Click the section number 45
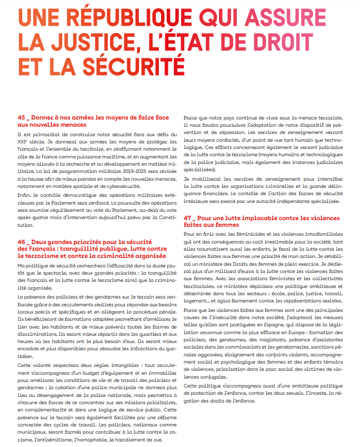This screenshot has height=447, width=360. point(22,118)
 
